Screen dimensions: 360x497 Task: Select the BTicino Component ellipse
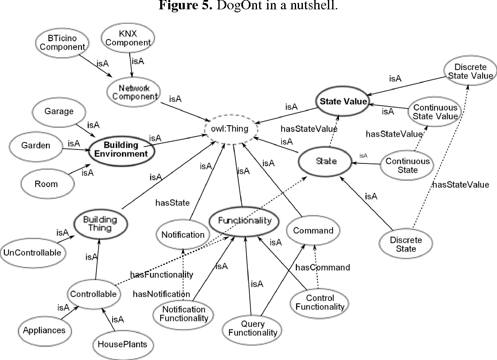click(60, 42)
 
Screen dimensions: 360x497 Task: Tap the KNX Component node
click(128, 38)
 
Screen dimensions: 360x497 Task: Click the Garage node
click(59, 112)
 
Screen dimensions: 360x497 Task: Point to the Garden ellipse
click(36, 146)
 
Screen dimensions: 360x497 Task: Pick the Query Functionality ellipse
click(252, 328)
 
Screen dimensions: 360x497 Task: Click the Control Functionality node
click(319, 302)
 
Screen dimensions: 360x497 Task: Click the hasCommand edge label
click(322, 267)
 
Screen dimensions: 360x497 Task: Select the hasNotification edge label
click(161, 294)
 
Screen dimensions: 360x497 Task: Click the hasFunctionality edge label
click(161, 275)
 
